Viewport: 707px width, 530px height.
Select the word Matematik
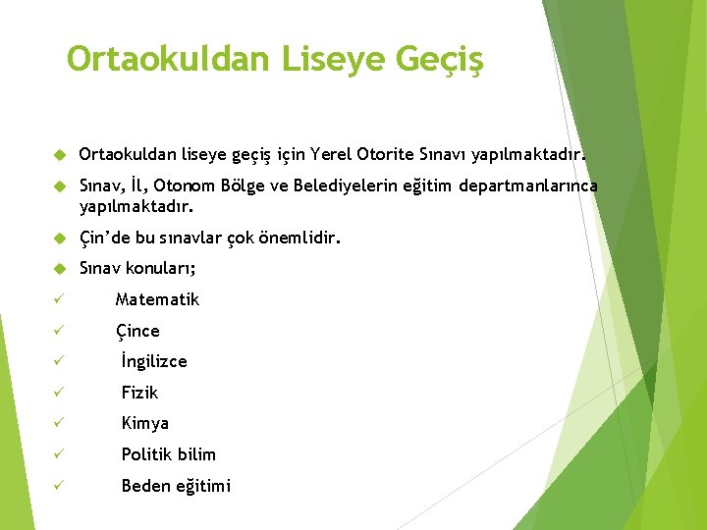(x=157, y=299)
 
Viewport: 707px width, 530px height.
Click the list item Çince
(x=137, y=331)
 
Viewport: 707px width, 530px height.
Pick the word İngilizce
(x=154, y=361)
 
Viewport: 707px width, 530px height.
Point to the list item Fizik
(x=139, y=393)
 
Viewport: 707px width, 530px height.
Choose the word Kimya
(x=145, y=423)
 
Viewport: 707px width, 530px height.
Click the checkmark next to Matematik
(x=60, y=299)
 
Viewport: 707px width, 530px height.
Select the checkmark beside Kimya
(x=60, y=424)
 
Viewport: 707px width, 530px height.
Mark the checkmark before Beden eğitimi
(x=60, y=486)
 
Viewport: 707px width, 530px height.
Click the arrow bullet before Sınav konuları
(x=59, y=269)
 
